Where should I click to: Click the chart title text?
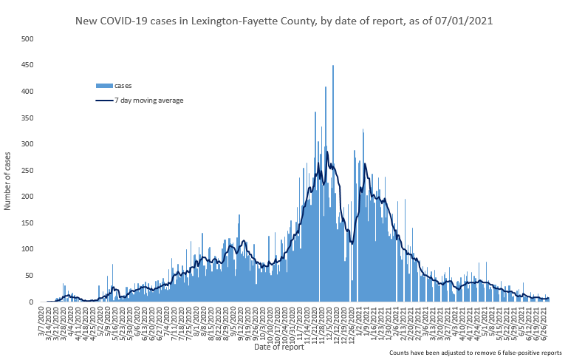tap(284, 21)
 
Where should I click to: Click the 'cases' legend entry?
tap(123, 86)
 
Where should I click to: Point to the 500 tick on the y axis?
tap(27, 38)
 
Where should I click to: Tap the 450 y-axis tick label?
tap(27, 65)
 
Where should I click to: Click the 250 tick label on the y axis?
tap(27, 170)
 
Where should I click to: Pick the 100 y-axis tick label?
tap(27, 249)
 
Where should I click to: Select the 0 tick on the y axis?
tap(32, 302)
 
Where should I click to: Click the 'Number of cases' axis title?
tap(8, 180)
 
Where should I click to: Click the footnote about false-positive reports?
tap(475, 353)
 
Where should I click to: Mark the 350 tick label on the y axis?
tap(27, 118)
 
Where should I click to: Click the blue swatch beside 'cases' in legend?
tap(103, 86)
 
